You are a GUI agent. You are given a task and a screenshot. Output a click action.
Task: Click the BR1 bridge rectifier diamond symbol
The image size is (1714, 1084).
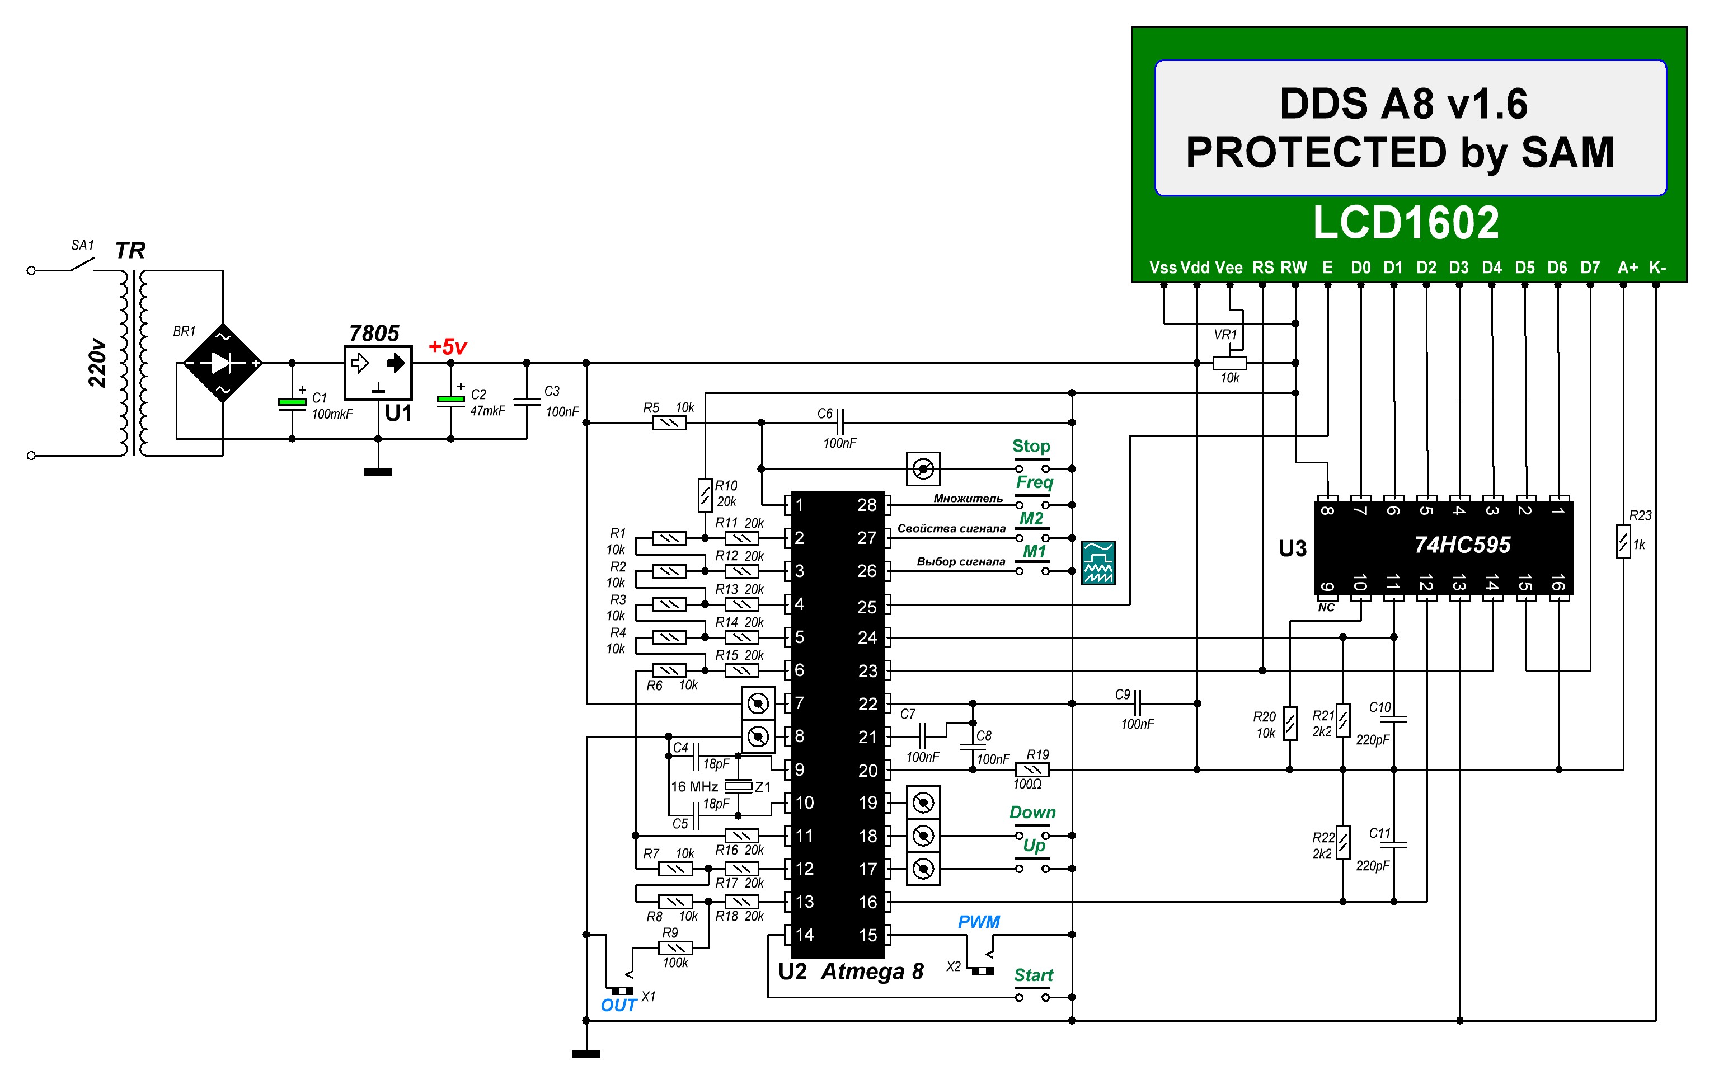pyautogui.click(x=223, y=363)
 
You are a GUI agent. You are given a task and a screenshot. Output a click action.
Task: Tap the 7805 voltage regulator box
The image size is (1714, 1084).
pyautogui.click(x=378, y=372)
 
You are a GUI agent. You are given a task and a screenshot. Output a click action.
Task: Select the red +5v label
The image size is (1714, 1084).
pyautogui.click(x=447, y=348)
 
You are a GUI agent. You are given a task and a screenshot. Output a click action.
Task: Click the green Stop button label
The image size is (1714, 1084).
pyautogui.click(x=1031, y=446)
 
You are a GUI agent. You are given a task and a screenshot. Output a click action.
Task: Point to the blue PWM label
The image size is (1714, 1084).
pyautogui.click(x=979, y=922)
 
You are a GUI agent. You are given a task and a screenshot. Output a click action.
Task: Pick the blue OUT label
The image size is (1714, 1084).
pyautogui.click(x=618, y=1005)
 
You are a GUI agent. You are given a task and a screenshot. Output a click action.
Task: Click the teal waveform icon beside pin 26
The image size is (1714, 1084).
pyautogui.click(x=1098, y=562)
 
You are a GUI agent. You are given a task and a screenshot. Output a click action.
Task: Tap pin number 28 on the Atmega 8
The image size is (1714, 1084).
pyautogui.click(x=866, y=505)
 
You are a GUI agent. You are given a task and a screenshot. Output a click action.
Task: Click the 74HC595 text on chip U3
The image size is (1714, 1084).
pyautogui.click(x=1462, y=545)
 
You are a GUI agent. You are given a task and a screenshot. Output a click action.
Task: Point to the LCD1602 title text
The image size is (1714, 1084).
pyautogui.click(x=1406, y=223)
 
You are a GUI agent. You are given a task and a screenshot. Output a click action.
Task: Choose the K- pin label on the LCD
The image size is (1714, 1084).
pyautogui.click(x=1658, y=268)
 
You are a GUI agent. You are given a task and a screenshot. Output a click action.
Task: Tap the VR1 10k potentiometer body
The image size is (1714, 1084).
pyautogui.click(x=1229, y=363)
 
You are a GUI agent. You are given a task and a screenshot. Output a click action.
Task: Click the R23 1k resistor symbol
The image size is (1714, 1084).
pyautogui.click(x=1623, y=542)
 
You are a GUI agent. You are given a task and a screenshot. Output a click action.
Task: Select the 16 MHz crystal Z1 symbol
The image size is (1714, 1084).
pyautogui.click(x=738, y=786)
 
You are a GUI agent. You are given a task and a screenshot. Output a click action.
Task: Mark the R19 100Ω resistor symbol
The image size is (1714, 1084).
pyautogui.click(x=1032, y=769)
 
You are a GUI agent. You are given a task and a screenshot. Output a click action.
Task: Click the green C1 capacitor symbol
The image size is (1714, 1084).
pyautogui.click(x=292, y=403)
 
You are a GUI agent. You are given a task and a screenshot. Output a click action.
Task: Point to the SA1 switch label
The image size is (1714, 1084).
pyautogui.click(x=83, y=246)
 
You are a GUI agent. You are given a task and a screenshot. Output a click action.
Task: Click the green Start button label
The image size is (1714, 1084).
pyautogui.click(x=1034, y=975)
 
